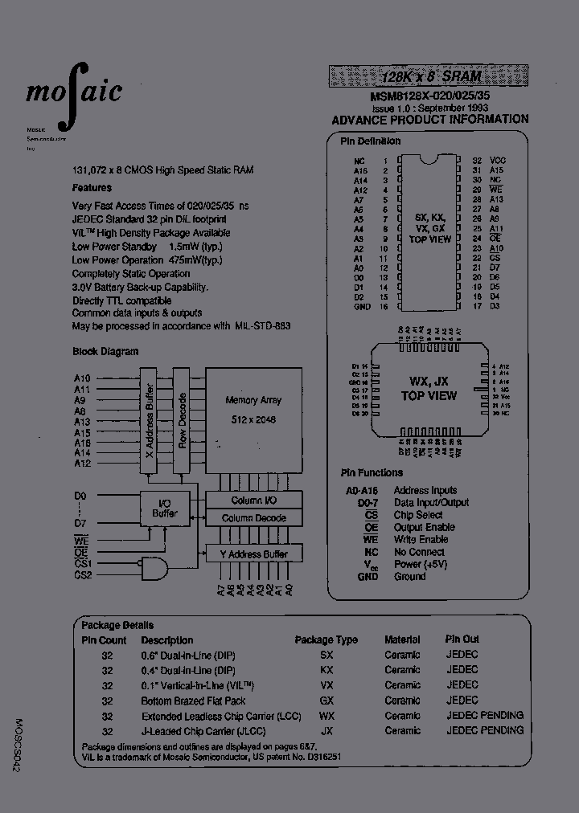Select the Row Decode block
(183, 420)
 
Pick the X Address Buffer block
(149, 420)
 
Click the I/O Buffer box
(165, 508)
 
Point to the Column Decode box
(253, 518)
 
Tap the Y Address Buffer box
(253, 554)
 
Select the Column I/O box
(253, 500)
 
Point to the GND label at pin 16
(362, 307)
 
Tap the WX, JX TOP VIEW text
(429, 389)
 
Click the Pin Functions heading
(372, 473)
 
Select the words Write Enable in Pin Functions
(421, 539)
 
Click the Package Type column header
(326, 640)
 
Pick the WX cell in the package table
(326, 715)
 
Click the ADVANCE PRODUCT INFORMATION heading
(430, 119)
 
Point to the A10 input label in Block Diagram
(82, 378)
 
